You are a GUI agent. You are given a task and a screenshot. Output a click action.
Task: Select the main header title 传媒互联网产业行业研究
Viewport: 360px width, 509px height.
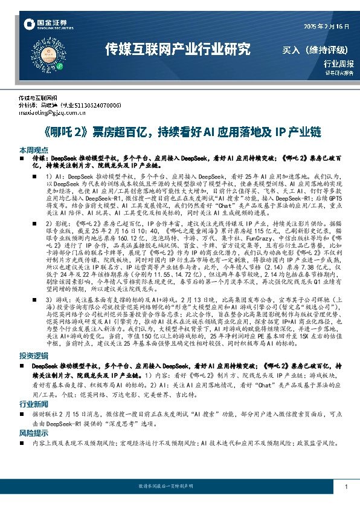(x=177, y=48)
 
